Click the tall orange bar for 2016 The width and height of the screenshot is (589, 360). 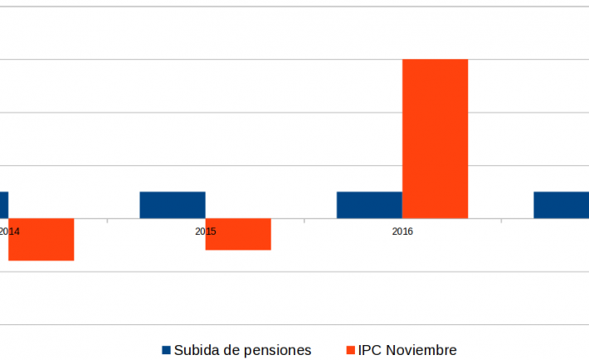435,139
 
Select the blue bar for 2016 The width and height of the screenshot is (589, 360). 369,205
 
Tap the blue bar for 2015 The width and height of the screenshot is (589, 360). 173,205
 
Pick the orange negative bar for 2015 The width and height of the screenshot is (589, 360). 238,234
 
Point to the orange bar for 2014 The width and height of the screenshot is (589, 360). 41,240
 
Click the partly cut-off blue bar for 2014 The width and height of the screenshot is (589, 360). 3,205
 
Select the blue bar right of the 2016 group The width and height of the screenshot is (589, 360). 561,205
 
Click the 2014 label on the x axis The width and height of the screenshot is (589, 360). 9,231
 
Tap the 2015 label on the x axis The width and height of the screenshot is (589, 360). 206,231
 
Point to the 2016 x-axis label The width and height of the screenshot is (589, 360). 402,231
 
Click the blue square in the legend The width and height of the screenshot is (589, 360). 166,350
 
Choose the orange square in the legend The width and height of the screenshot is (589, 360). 351,350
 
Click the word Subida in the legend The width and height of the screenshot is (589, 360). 197,350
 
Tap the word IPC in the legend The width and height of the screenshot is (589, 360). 372,350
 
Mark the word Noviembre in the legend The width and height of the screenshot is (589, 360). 422,350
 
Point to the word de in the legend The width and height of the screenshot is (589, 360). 231,350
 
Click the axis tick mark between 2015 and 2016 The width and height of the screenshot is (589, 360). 304,221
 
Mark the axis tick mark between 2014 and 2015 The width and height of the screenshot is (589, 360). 107,221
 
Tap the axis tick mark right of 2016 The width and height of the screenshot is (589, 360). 501,221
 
